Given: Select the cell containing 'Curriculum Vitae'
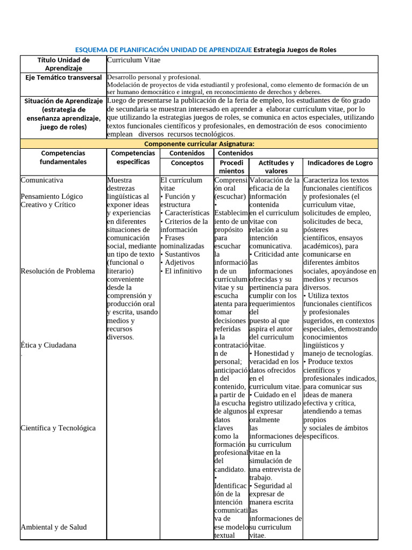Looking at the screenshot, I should tap(134, 60).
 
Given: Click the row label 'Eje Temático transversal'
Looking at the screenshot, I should tap(64, 78).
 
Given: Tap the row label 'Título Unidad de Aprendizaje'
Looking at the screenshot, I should tap(63, 64).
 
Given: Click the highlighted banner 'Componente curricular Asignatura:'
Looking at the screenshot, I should tap(199, 144).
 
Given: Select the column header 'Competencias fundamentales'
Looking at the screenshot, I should tap(63, 157).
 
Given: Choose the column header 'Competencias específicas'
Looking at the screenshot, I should tap(133, 157).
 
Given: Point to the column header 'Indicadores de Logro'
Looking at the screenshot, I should tap(340, 163).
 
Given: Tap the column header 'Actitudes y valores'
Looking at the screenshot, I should tap(276, 167).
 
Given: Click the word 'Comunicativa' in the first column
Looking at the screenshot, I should tap(42, 180).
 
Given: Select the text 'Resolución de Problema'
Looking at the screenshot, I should tap(57, 271).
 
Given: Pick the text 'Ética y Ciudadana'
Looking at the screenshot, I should tap(48, 345).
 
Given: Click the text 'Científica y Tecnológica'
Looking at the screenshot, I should tap(58, 428).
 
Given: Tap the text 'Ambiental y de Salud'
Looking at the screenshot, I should tap(54, 527).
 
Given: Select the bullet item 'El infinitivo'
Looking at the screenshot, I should tap(183, 271).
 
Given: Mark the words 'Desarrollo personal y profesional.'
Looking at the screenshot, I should tap(154, 77).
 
